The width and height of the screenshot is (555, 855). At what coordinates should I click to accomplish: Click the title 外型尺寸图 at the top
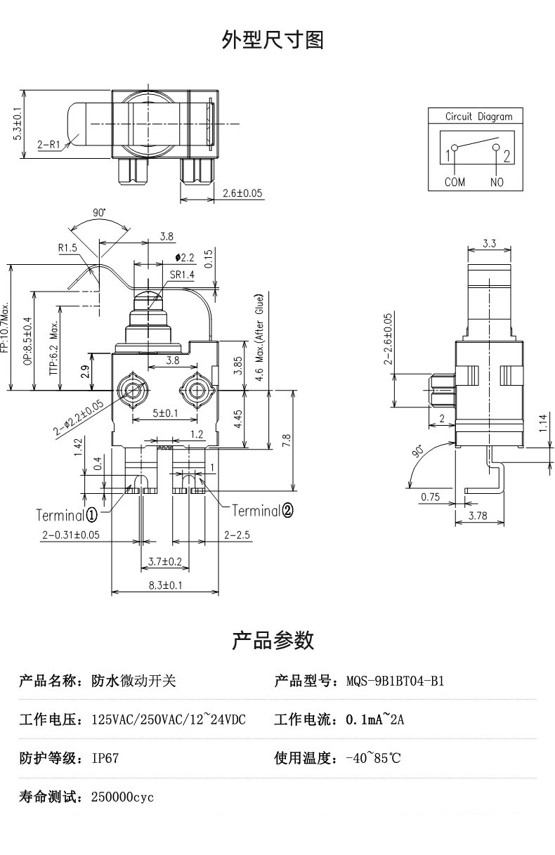(273, 40)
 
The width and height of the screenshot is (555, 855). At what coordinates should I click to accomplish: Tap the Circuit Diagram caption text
(478, 117)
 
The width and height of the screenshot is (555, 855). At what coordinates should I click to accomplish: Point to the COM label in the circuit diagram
(455, 182)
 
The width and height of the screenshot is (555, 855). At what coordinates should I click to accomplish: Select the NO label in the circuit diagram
(497, 182)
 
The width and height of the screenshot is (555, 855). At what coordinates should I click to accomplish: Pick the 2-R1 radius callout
(48, 144)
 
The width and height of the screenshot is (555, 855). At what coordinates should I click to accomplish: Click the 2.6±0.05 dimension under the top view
(243, 192)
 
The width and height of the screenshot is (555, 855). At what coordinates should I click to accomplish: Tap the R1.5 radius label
(67, 248)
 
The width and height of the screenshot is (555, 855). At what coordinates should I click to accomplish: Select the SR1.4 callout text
(182, 275)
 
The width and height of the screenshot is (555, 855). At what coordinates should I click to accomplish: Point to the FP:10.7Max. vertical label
(5, 328)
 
